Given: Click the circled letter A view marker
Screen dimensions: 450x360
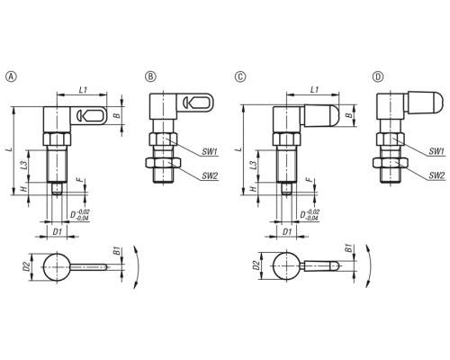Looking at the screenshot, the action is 12,76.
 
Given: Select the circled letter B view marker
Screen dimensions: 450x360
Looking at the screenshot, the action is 150,76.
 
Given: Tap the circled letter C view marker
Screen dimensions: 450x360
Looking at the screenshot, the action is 240,76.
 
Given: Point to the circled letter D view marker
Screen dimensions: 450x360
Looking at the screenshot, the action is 378,76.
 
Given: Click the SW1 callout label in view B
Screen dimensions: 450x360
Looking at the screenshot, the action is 210,152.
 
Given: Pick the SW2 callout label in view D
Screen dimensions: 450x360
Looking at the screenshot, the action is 436,175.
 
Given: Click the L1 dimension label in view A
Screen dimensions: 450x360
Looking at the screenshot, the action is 83,89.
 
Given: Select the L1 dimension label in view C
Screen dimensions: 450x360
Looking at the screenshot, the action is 314,89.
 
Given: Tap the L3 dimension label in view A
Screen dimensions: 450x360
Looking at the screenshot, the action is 24,166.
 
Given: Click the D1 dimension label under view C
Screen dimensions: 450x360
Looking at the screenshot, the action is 287,231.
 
